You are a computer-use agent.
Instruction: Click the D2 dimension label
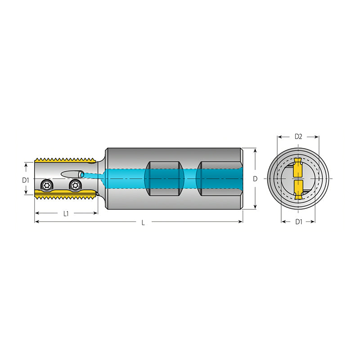pyautogui.click(x=298, y=137)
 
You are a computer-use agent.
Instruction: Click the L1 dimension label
pyautogui.click(x=66, y=214)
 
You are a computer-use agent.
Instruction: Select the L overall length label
pyautogui.click(x=143, y=223)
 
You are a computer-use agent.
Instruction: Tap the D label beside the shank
pyautogui.click(x=255, y=179)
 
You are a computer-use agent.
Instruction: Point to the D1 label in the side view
pyautogui.click(x=26, y=180)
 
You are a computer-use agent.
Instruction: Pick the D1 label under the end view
pyautogui.click(x=299, y=222)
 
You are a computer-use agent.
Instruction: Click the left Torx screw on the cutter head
pyautogui.click(x=46, y=185)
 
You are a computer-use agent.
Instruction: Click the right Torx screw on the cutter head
pyautogui.click(x=75, y=185)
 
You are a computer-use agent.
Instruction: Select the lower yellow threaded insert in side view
pyautogui.click(x=65, y=194)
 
